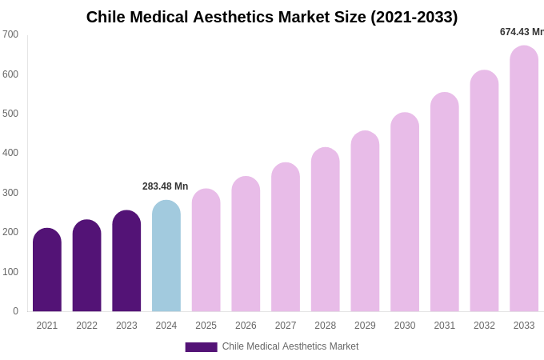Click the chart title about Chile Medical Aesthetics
[x=272, y=17]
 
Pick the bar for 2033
[x=524, y=179]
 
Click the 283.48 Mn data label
[x=165, y=186]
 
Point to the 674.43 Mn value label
[x=522, y=32]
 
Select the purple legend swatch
[x=201, y=347]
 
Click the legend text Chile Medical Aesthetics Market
[x=290, y=346]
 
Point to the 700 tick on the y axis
[x=10, y=34]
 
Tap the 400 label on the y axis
[x=10, y=153]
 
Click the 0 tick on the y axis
[x=15, y=311]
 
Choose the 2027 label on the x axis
[x=286, y=326]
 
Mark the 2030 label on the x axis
[x=405, y=326]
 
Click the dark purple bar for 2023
[x=126, y=262]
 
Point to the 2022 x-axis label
[x=86, y=326]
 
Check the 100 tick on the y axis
[x=10, y=272]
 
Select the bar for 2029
[x=365, y=222]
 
